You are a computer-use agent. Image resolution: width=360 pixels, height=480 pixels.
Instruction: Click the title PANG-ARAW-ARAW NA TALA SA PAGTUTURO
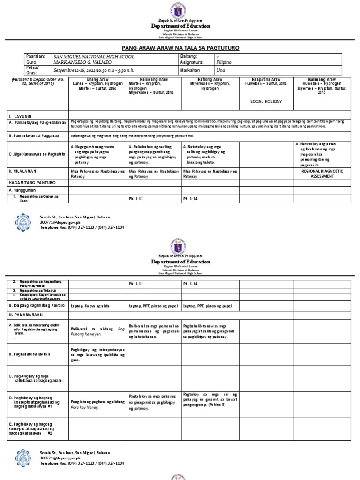(x=180, y=48)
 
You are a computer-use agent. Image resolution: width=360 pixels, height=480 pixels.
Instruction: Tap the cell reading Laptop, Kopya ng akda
(x=90, y=293)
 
